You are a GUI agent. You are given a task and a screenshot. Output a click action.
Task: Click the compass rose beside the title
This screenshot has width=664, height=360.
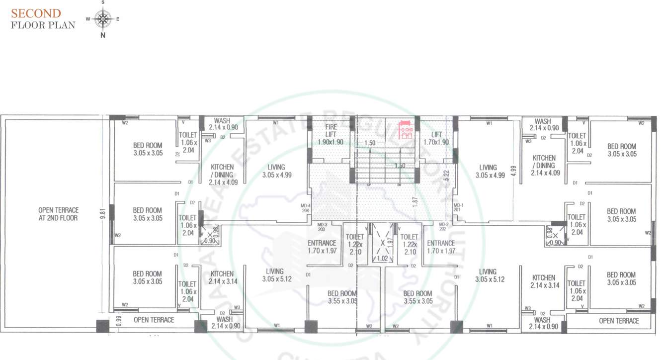pyautogui.click(x=103, y=19)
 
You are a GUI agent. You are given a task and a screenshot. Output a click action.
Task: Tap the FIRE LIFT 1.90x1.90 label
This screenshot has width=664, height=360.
pyautogui.click(x=331, y=134)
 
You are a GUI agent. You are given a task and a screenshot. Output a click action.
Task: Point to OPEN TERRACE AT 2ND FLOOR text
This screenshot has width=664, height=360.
pyautogui.click(x=58, y=214)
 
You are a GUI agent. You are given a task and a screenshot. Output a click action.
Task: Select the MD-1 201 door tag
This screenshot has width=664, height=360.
pyautogui.click(x=458, y=208)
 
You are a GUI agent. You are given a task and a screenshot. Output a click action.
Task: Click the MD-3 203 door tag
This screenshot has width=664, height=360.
pyautogui.click(x=322, y=227)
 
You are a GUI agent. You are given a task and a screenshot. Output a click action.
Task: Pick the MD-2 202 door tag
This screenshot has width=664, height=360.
pyautogui.click(x=443, y=227)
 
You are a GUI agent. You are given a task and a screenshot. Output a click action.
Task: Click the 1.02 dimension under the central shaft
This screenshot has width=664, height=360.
pyautogui.click(x=382, y=258)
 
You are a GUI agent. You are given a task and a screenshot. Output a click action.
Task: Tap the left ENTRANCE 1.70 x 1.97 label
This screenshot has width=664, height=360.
pyautogui.click(x=322, y=247)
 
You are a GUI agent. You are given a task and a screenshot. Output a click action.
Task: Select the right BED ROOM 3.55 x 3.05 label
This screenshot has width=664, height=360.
pyautogui.click(x=417, y=297)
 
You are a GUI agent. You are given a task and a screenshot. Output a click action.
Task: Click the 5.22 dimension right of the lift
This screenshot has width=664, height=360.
pyautogui.click(x=447, y=176)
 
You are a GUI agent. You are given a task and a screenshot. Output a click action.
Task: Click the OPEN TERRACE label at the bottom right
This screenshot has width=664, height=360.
pyautogui.click(x=619, y=321)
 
